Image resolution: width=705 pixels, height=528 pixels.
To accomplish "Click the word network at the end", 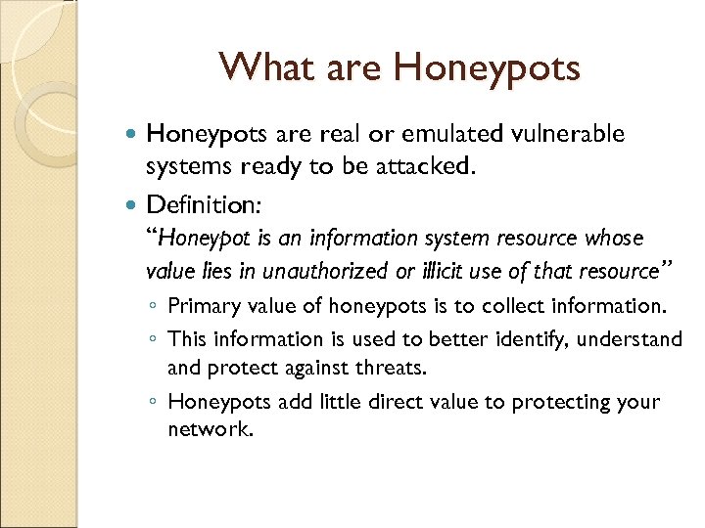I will tap(210, 429).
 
